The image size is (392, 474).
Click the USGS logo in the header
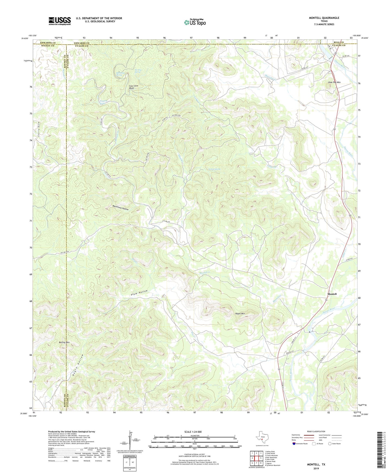pos(60,21)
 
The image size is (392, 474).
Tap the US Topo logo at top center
pos(195,22)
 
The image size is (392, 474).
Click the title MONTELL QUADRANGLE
pos(324,18)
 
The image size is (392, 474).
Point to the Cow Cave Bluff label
pos(132,87)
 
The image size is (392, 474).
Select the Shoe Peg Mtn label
pos(334,82)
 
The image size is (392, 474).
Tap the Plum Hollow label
pos(139,293)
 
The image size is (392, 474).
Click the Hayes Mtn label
pos(240,314)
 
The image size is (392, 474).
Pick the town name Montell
pos(332,294)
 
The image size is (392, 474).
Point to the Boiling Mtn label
pos(64,342)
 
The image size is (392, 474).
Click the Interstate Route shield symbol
pos(294,444)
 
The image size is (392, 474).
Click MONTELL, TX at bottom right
pos(316,464)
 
